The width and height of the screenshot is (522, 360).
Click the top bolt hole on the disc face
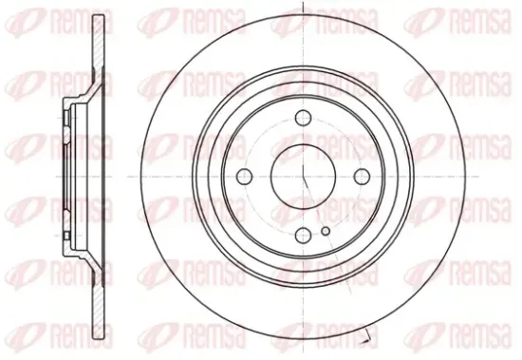click(x=304, y=118)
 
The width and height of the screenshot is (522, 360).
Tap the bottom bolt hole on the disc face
click(x=304, y=235)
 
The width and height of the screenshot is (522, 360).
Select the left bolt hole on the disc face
click(x=244, y=176)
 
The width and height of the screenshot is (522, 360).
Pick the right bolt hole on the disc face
click(x=363, y=176)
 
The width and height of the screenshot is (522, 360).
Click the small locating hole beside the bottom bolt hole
click(x=326, y=231)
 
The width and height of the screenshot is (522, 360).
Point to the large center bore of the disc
click(x=303, y=177)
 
